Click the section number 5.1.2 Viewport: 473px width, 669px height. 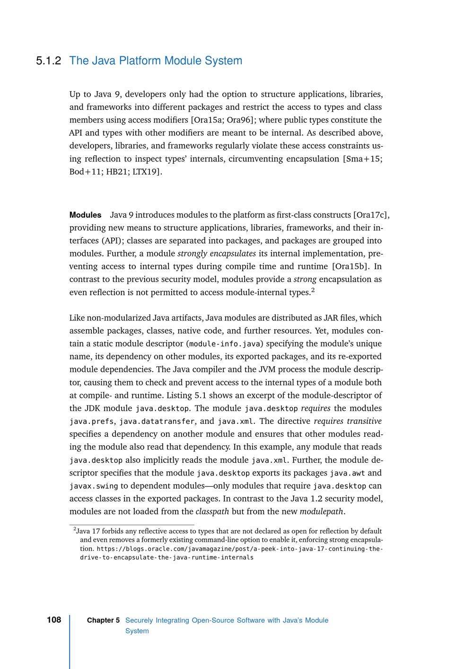(49, 61)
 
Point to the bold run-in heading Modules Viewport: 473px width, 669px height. (85, 215)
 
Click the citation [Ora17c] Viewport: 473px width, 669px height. (371, 215)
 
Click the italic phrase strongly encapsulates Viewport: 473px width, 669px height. (217, 254)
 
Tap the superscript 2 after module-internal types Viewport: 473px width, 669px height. (313, 290)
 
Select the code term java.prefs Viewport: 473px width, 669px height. (91, 422)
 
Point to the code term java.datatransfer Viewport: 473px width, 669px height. (157, 422)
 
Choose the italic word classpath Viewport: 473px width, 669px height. (212, 511)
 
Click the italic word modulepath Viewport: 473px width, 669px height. (322, 511)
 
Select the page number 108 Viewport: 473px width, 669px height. (54, 620)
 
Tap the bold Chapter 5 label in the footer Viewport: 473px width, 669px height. (103, 620)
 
